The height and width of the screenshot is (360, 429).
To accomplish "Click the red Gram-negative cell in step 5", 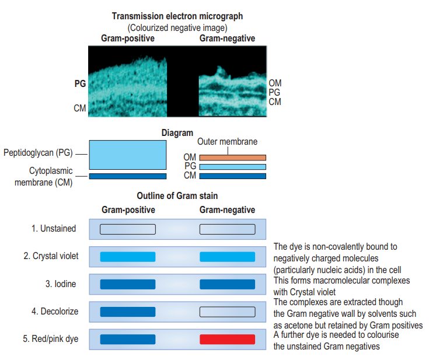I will [x=227, y=339].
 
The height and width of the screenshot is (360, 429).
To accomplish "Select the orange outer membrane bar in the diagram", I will [x=232, y=158].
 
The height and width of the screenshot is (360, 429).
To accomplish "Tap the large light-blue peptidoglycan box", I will [x=127, y=155].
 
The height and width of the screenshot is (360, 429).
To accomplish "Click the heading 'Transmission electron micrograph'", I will [x=178, y=16].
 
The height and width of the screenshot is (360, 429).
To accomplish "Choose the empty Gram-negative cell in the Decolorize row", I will [x=227, y=312].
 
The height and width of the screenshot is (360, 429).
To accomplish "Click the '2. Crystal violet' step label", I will [x=51, y=256].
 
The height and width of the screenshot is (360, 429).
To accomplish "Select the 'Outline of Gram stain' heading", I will [x=177, y=196].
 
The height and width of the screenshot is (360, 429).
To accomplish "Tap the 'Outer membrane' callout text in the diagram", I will [x=227, y=142].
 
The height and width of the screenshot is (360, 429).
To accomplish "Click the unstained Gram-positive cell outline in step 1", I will [x=127, y=229].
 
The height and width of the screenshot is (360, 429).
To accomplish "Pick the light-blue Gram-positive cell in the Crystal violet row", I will [x=127, y=257].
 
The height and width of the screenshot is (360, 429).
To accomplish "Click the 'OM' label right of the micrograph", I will [x=275, y=83].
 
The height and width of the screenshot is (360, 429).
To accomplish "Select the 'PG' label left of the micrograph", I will [x=80, y=83].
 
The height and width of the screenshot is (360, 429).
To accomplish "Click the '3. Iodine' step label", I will [x=61, y=284].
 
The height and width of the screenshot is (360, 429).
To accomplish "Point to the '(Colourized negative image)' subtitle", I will [x=177, y=27].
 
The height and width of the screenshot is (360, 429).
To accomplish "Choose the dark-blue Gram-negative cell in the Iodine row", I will [x=227, y=284].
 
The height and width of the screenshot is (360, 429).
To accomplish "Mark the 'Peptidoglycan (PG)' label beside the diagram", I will [x=39, y=153].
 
